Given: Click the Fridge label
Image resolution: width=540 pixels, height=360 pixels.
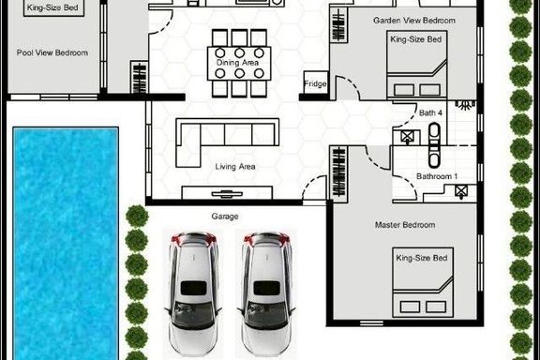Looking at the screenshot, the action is click(315, 83).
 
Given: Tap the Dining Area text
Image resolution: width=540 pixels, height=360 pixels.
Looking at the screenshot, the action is click(237, 63).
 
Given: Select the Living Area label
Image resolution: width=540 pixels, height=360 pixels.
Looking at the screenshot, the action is click(235, 167).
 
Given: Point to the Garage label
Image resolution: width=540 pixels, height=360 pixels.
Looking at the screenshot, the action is click(225, 217).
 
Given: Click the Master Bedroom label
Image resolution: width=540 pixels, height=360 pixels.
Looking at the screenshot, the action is click(405, 225).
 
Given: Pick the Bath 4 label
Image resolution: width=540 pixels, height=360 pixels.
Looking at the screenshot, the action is click(430, 113).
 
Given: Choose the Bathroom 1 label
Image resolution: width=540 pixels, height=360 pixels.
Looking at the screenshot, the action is click(437, 176).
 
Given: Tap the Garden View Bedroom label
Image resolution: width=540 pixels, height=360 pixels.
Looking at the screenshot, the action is click(414, 21).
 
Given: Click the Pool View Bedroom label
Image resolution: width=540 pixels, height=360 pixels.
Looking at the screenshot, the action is click(52, 52).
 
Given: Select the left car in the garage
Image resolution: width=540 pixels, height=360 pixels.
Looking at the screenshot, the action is click(193, 293).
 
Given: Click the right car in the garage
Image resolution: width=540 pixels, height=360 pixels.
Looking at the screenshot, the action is click(266, 293).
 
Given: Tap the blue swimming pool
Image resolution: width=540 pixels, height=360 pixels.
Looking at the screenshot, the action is click(66, 243).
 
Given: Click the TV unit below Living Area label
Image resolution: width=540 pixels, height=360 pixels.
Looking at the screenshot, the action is click(227, 192).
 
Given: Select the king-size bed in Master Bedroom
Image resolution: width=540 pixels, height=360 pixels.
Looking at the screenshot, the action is click(423, 282).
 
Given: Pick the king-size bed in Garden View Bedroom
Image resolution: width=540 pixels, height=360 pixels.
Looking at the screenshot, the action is click(416, 65).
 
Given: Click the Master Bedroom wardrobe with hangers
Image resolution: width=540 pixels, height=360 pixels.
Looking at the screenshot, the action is click(338, 172).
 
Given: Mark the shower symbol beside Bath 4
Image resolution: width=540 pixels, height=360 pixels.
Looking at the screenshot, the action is click(465, 105).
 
